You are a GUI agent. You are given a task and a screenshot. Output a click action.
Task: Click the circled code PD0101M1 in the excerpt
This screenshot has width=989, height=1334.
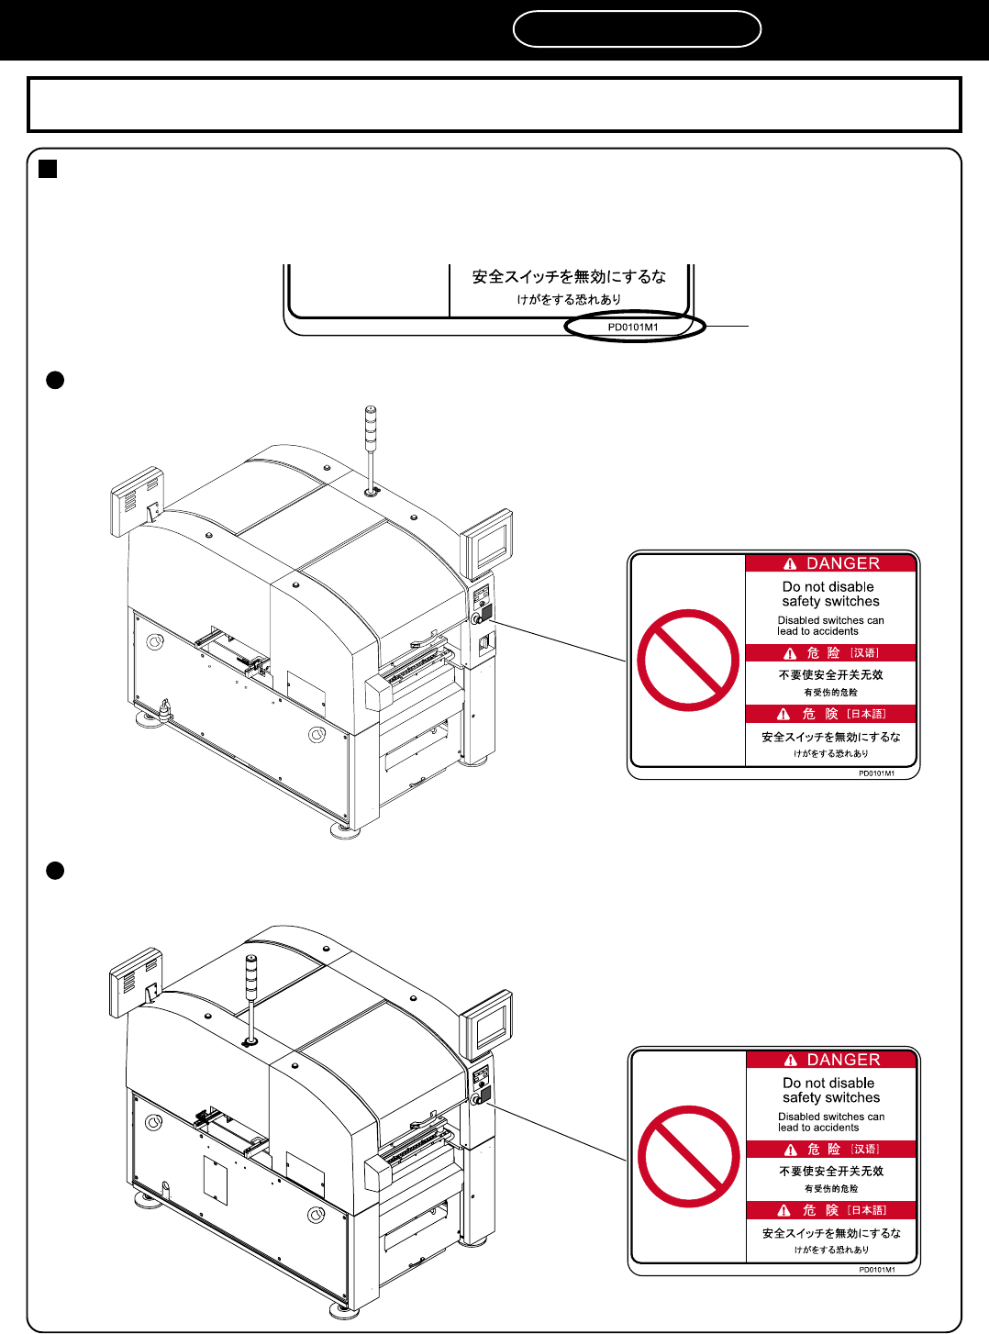tap(633, 328)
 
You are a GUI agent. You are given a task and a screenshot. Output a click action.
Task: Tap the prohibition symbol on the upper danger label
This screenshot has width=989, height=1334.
tap(688, 660)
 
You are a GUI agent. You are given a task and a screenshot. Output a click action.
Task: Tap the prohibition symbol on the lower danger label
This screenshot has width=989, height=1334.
tap(689, 1156)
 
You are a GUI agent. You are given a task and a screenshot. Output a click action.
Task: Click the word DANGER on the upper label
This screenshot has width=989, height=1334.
tap(842, 563)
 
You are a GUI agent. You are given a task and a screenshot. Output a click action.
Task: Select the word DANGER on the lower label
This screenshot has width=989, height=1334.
tap(843, 1060)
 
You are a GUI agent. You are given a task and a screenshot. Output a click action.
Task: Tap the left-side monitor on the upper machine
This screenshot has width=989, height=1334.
tap(138, 501)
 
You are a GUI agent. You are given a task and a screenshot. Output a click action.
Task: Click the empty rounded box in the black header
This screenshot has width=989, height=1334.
tap(637, 28)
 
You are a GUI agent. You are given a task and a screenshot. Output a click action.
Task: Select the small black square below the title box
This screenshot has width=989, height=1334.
tap(48, 169)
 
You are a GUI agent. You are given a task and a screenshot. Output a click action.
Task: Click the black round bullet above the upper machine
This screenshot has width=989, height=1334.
tap(55, 380)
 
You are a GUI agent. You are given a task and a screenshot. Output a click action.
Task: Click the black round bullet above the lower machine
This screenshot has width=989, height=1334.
tap(55, 871)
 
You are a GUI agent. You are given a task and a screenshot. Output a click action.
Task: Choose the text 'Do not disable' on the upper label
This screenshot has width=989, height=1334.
tap(828, 587)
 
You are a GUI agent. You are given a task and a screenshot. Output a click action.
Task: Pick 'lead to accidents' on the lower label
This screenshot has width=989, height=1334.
tap(818, 1128)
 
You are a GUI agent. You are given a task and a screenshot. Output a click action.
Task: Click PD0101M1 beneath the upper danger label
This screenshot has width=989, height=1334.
tap(876, 773)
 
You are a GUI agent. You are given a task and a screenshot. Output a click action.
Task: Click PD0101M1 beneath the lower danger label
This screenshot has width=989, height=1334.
tap(877, 1270)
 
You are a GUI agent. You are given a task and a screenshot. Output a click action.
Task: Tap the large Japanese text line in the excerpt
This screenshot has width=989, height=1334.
tap(569, 277)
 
